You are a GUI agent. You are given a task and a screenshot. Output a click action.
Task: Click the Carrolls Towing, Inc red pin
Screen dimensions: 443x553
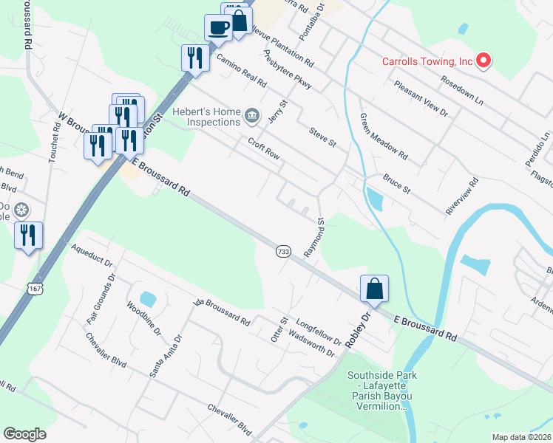tap(484, 61)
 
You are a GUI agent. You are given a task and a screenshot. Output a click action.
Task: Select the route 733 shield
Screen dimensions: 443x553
tap(283, 252)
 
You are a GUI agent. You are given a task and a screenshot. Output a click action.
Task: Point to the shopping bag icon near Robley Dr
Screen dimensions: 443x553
tap(374, 288)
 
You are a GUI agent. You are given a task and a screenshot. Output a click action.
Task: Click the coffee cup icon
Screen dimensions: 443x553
tap(218, 28)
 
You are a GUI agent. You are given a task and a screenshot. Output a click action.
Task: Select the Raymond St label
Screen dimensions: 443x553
tap(315, 237)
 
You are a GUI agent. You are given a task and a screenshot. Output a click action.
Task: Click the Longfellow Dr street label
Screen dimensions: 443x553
tap(319, 332)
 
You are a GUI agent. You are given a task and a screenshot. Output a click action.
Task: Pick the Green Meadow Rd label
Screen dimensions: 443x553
tap(384, 137)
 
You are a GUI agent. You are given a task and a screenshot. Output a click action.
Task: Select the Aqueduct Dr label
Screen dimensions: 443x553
tap(92, 258)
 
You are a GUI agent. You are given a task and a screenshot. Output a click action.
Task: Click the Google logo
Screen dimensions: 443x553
tap(24, 434)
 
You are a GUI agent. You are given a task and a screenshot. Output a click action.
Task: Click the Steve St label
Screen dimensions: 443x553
tap(322, 135)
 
